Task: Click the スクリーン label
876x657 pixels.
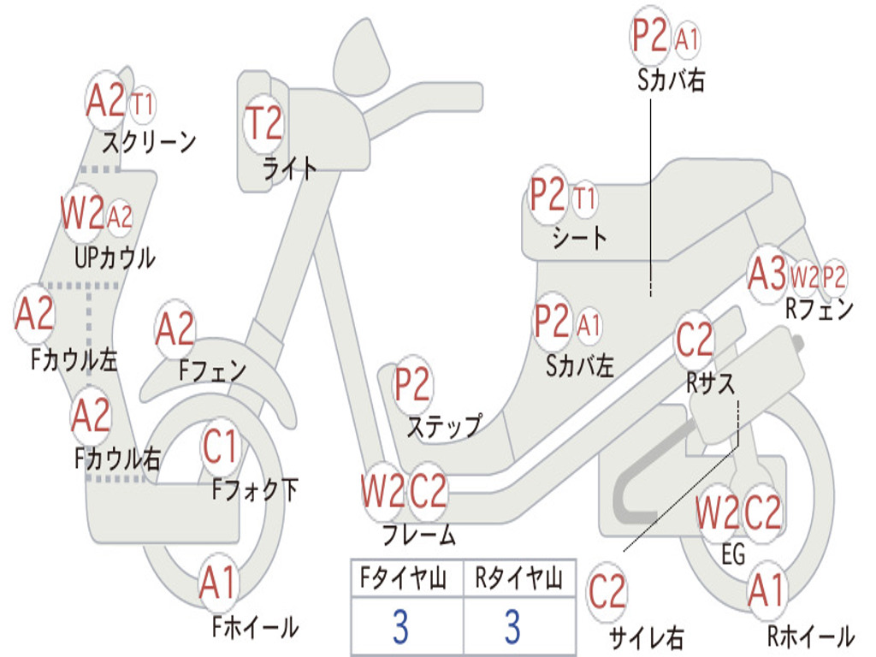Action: pos(150,140)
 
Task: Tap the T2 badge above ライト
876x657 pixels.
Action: pos(264,124)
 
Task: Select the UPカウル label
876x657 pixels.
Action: pos(115,257)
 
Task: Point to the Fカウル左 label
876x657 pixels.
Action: pos(74,358)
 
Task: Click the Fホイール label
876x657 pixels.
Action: pos(255,627)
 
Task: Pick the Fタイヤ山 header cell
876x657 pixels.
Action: pos(406,579)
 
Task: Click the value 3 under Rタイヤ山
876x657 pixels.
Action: pos(512,627)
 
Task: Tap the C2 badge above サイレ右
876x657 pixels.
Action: pos(607,591)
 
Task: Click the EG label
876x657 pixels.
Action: pos(733,554)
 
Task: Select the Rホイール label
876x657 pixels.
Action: pos(810,636)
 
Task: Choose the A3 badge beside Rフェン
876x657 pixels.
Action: pos(766,275)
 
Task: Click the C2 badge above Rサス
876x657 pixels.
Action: pos(695,340)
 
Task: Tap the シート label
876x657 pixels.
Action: pos(579,237)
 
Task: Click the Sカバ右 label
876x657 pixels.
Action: pos(672,80)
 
